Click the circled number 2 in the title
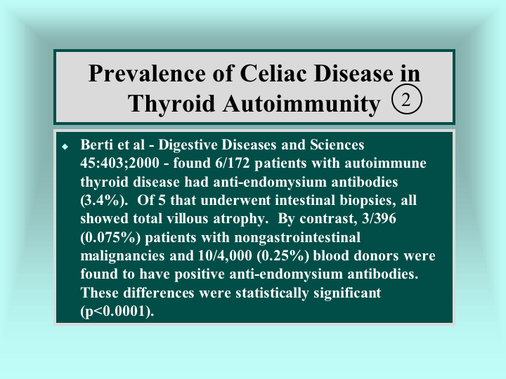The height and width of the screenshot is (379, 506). [407, 99]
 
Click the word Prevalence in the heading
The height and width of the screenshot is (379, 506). [147, 73]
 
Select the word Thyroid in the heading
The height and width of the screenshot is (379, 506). [171, 104]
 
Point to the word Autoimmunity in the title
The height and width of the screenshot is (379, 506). [301, 104]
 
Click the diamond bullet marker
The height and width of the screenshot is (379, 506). [65, 147]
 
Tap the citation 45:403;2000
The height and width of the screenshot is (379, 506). [119, 163]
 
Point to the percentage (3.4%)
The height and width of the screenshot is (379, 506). [102, 201]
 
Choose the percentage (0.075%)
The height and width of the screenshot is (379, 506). [110, 237]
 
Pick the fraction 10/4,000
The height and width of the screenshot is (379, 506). [225, 256]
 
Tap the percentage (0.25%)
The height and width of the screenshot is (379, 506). [283, 256]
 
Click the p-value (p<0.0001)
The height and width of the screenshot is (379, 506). [117, 312]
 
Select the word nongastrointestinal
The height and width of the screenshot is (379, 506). [297, 237]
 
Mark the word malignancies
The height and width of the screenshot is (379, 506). [122, 256]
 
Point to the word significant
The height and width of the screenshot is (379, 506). [347, 293]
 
